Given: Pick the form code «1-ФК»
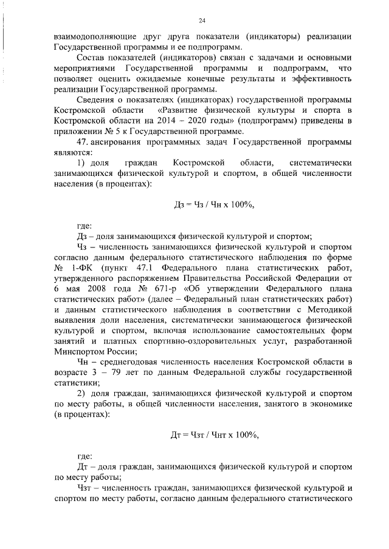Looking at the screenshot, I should click(x=80, y=268).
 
